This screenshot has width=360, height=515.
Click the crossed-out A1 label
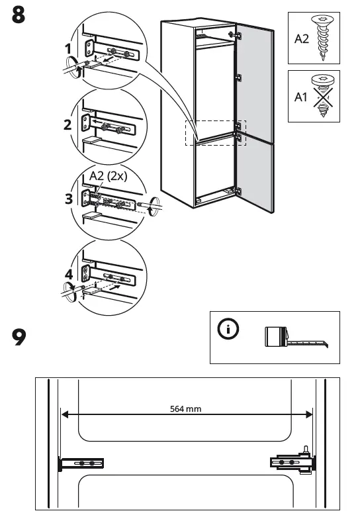coord(301,97)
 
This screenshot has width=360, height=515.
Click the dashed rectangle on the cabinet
coord(215,132)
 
